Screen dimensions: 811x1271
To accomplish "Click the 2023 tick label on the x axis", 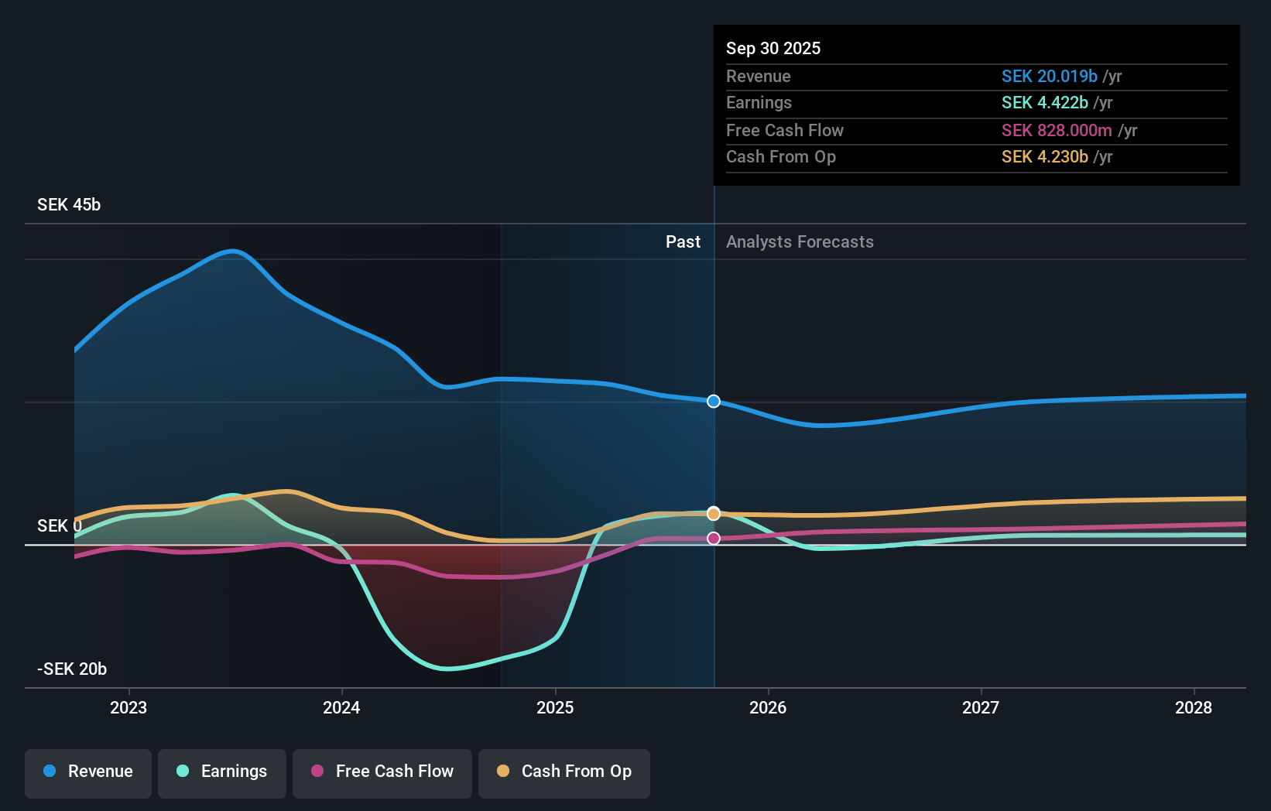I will [128, 707].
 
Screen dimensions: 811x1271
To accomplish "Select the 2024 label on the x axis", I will [341, 707].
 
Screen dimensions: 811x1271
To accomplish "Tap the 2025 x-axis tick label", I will [555, 707].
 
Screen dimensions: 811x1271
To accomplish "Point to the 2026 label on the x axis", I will [768, 707].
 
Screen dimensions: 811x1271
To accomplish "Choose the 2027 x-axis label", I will [981, 707].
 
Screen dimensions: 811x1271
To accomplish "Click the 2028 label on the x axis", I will [1194, 707].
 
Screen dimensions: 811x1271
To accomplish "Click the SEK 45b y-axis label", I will [69, 205].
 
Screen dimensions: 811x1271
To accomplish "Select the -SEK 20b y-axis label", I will [72, 669].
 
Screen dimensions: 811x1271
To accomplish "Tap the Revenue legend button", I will [88, 772].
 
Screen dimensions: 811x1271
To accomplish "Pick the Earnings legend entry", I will [222, 772].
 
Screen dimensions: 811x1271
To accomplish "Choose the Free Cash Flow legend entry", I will [382, 772].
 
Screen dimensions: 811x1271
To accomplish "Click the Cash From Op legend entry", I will [564, 772].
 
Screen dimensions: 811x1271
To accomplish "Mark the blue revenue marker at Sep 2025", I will [714, 401].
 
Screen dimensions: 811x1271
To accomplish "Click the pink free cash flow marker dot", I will [714, 538].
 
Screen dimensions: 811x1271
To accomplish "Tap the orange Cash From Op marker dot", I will [714, 514].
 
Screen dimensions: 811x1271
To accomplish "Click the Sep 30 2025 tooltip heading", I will [773, 48].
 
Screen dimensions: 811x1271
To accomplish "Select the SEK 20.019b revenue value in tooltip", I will [1049, 76].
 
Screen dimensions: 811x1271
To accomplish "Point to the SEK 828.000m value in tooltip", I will [1057, 130].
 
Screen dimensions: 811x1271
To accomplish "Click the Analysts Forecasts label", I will [800, 242].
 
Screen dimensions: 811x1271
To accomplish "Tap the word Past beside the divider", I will [683, 242].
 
